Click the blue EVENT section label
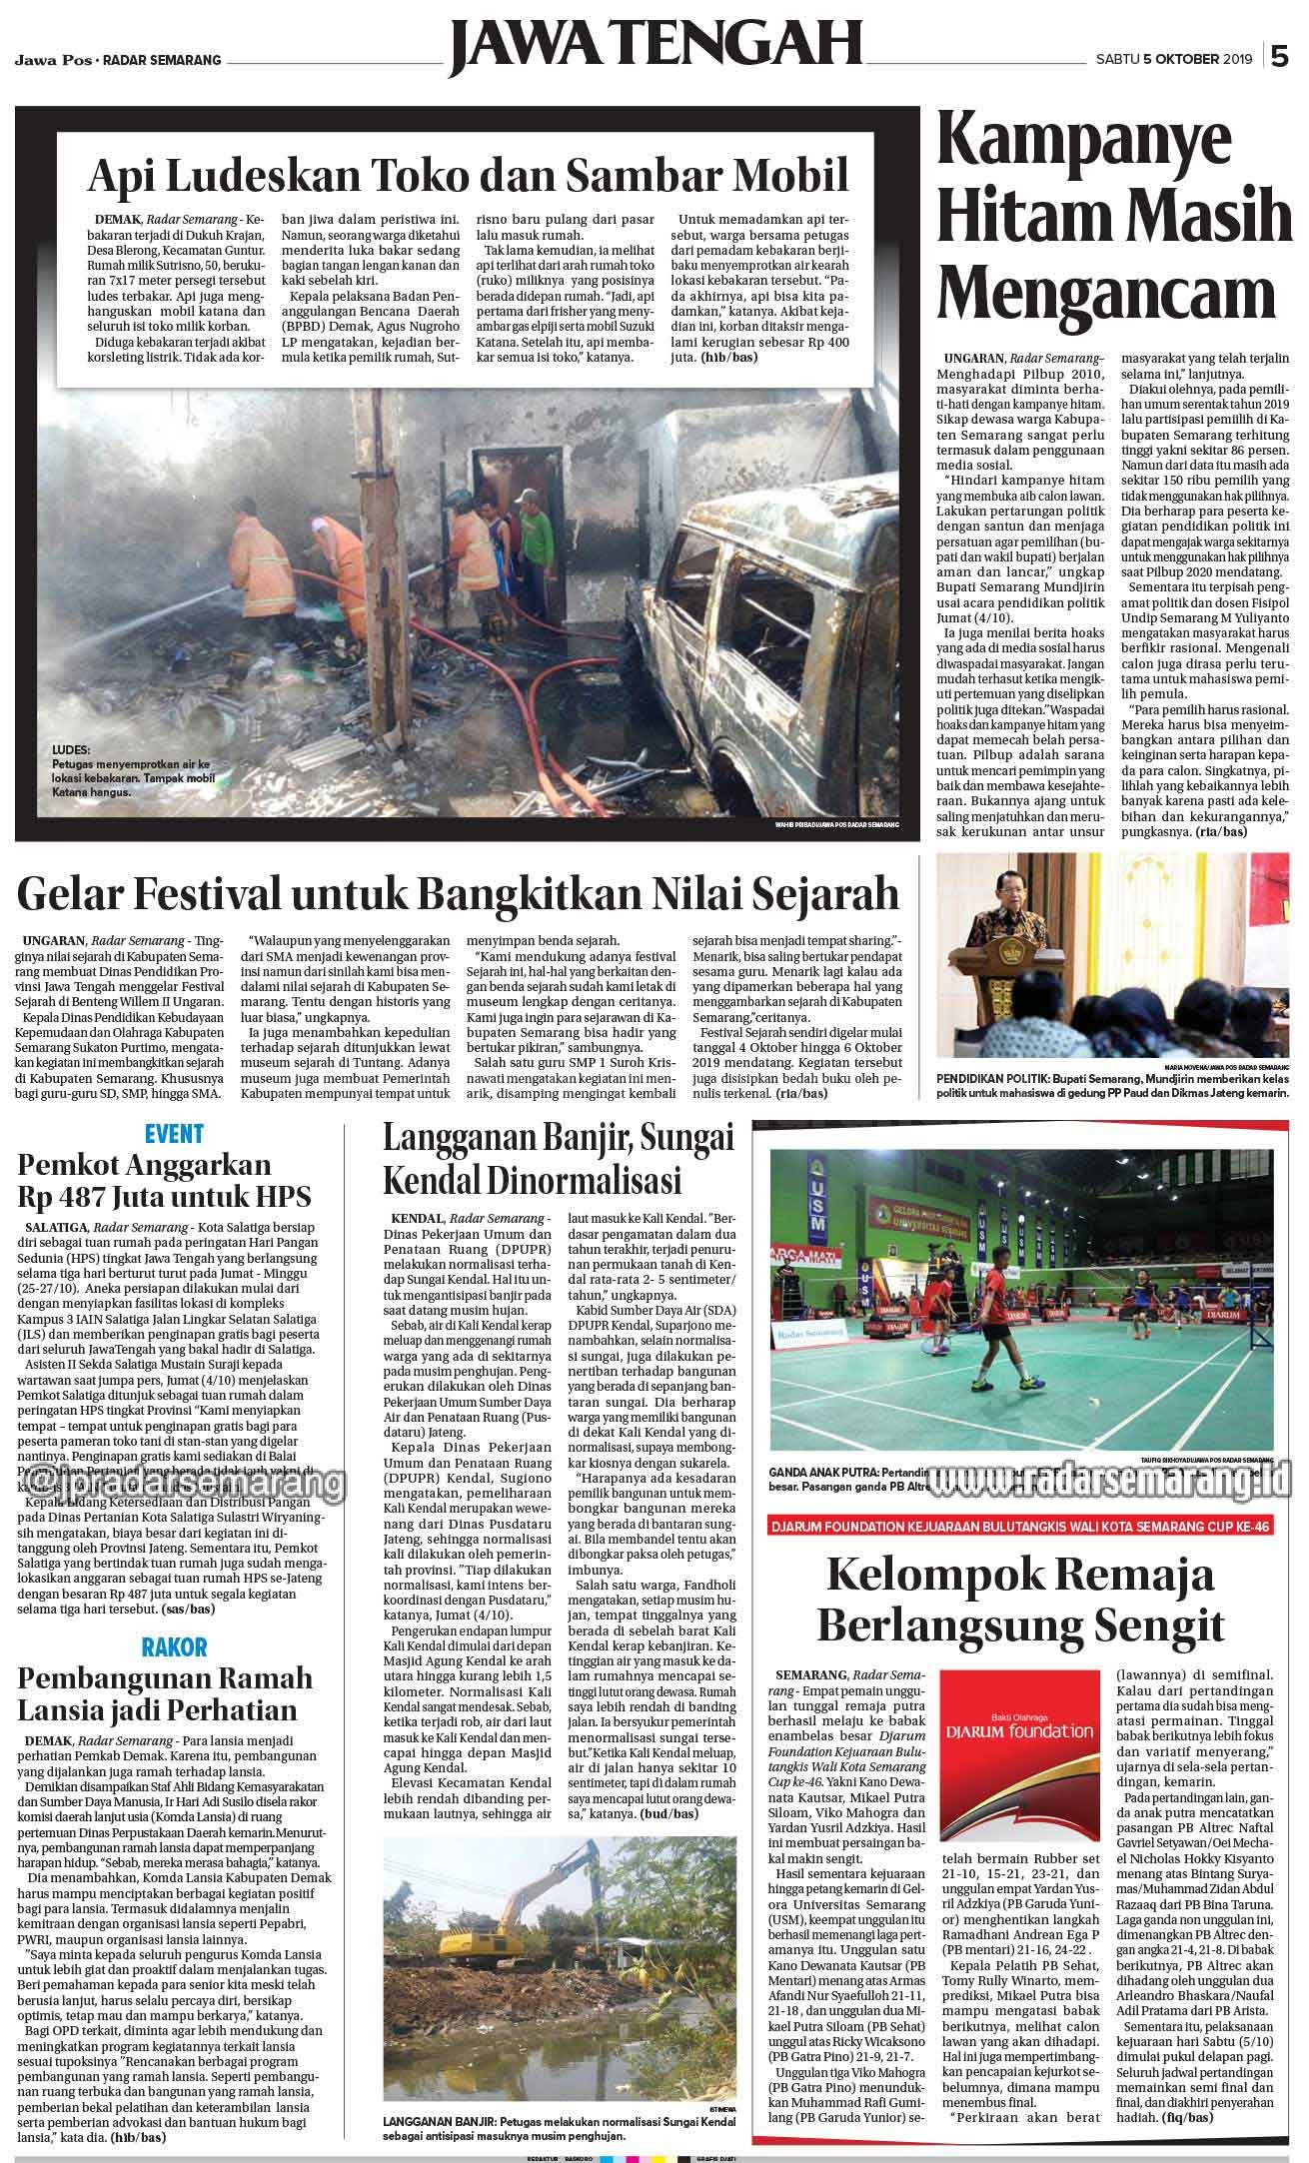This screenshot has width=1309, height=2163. (x=174, y=1133)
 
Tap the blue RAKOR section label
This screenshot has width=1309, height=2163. (x=174, y=1645)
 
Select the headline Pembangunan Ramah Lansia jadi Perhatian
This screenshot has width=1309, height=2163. (x=165, y=1692)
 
